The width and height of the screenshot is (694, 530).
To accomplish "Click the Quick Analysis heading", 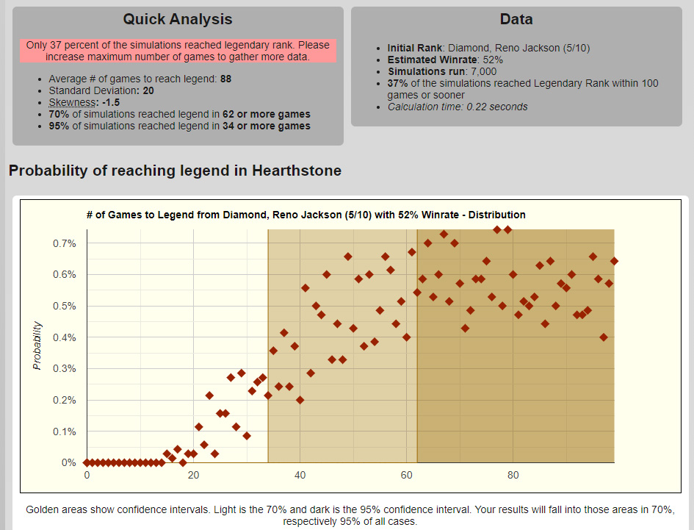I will click(178, 20).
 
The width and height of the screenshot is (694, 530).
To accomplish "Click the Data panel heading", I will click(516, 20).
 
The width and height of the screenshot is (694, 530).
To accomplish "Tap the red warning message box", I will click(178, 51).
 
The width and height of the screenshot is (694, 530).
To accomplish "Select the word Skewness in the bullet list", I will click(71, 102).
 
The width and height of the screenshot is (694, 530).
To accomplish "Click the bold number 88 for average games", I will click(227, 79).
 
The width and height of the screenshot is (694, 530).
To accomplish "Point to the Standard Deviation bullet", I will click(101, 90).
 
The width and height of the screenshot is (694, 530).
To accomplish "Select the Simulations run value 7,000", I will click(482, 72).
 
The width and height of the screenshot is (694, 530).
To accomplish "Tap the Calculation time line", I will click(458, 107).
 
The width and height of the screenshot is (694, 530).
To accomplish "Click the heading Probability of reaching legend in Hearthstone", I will click(175, 171).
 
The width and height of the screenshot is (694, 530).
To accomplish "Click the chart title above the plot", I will click(306, 215).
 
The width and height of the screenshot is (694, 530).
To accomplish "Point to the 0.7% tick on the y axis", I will click(64, 243).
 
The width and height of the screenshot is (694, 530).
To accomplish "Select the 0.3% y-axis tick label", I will click(64, 369).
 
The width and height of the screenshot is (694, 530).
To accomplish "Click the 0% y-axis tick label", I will click(68, 463).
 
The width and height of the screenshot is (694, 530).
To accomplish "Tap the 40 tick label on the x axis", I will click(300, 476).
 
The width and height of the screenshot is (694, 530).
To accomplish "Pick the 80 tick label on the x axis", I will click(513, 476).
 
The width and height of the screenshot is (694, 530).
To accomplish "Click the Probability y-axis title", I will click(38, 345).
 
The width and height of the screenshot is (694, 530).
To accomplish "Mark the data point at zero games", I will click(87, 463).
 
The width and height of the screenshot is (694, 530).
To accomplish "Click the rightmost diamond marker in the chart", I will click(614, 261).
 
